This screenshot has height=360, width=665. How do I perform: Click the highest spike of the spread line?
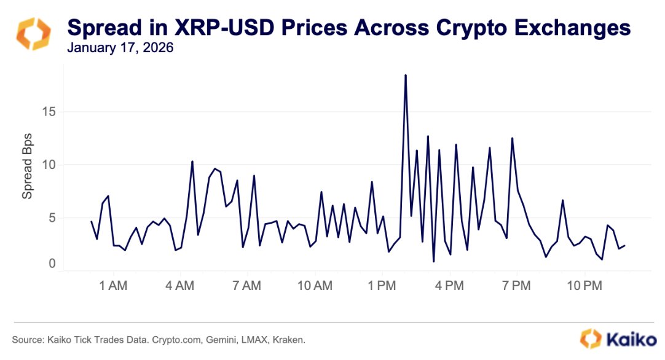click(406, 76)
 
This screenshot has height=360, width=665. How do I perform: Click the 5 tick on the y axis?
click(52, 217)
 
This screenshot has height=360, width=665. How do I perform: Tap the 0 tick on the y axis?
click(52, 264)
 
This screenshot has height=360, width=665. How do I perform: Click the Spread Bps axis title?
click(28, 165)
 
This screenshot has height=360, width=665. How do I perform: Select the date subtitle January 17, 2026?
click(120, 48)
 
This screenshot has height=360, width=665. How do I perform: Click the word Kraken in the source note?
click(289, 340)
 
